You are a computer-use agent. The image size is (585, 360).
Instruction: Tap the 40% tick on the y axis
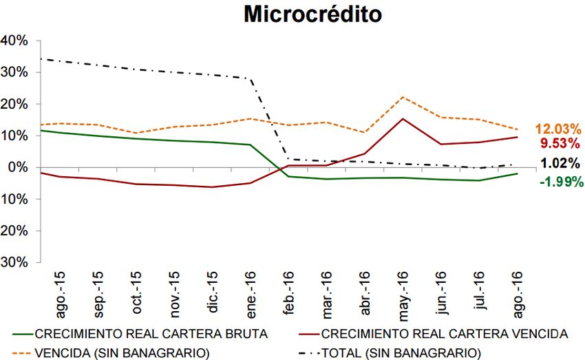pyautogui.click(x=14, y=41)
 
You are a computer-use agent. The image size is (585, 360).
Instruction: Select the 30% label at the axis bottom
pyautogui.click(x=14, y=262)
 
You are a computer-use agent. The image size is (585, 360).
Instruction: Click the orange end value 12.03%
pyautogui.click(x=558, y=129)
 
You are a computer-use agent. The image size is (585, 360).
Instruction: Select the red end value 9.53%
pyautogui.click(x=562, y=144)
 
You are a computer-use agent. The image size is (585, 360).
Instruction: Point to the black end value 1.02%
pyautogui.click(x=562, y=164)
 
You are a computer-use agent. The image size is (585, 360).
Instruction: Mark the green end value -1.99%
pyautogui.click(x=560, y=182)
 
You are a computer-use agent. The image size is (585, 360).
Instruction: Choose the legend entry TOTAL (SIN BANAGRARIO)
pyautogui.click(x=400, y=352)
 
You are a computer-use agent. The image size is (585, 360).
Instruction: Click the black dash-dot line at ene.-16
pyautogui.click(x=250, y=78)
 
